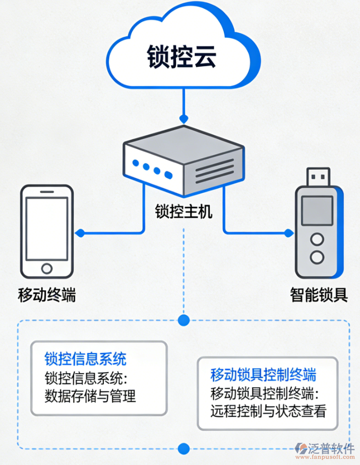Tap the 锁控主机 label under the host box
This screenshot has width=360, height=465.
(x=184, y=211)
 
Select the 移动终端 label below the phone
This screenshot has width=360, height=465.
(x=47, y=294)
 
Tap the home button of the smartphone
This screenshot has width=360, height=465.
(x=47, y=268)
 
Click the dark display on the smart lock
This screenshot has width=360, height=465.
(x=317, y=211)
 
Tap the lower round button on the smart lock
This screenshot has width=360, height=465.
(x=317, y=257)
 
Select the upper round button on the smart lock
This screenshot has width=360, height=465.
(x=317, y=238)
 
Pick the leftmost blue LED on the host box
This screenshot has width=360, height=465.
(x=135, y=163)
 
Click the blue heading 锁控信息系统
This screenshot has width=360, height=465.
(x=85, y=359)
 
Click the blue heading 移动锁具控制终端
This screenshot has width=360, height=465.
(x=263, y=375)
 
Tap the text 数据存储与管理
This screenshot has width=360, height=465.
(x=90, y=396)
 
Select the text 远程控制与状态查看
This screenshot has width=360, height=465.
(x=268, y=412)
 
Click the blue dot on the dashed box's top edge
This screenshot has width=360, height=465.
(x=184, y=319)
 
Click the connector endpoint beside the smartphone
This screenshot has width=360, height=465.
(x=79, y=233)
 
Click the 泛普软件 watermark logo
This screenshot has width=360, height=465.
(x=325, y=448)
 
